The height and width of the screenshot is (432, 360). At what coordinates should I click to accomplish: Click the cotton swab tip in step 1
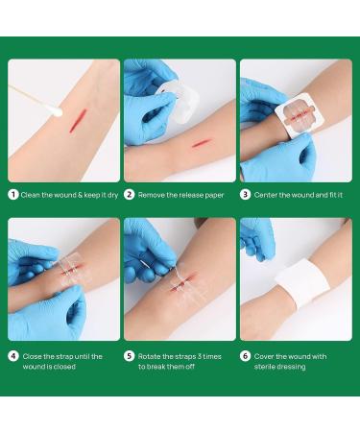tap(56, 110)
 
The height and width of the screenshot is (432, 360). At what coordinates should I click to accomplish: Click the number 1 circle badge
tap(13, 195)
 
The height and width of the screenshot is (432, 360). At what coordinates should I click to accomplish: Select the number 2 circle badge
tap(129, 195)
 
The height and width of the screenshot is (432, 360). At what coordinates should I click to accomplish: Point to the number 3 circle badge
tap(245, 195)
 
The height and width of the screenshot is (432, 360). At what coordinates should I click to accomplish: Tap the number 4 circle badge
tap(13, 356)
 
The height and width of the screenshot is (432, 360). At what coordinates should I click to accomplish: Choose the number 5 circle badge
tap(129, 356)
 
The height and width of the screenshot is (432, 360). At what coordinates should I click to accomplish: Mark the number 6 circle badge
tap(245, 356)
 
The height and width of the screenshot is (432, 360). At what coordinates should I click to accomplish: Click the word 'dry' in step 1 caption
tap(113, 195)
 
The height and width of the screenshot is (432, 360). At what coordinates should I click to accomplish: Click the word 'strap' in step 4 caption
tap(65, 356)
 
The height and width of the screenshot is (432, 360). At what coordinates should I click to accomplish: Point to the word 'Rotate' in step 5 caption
tap(149, 356)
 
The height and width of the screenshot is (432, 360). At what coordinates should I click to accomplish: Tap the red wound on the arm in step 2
tap(203, 143)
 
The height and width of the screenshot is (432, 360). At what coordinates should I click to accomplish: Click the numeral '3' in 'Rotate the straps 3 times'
tap(201, 356)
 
